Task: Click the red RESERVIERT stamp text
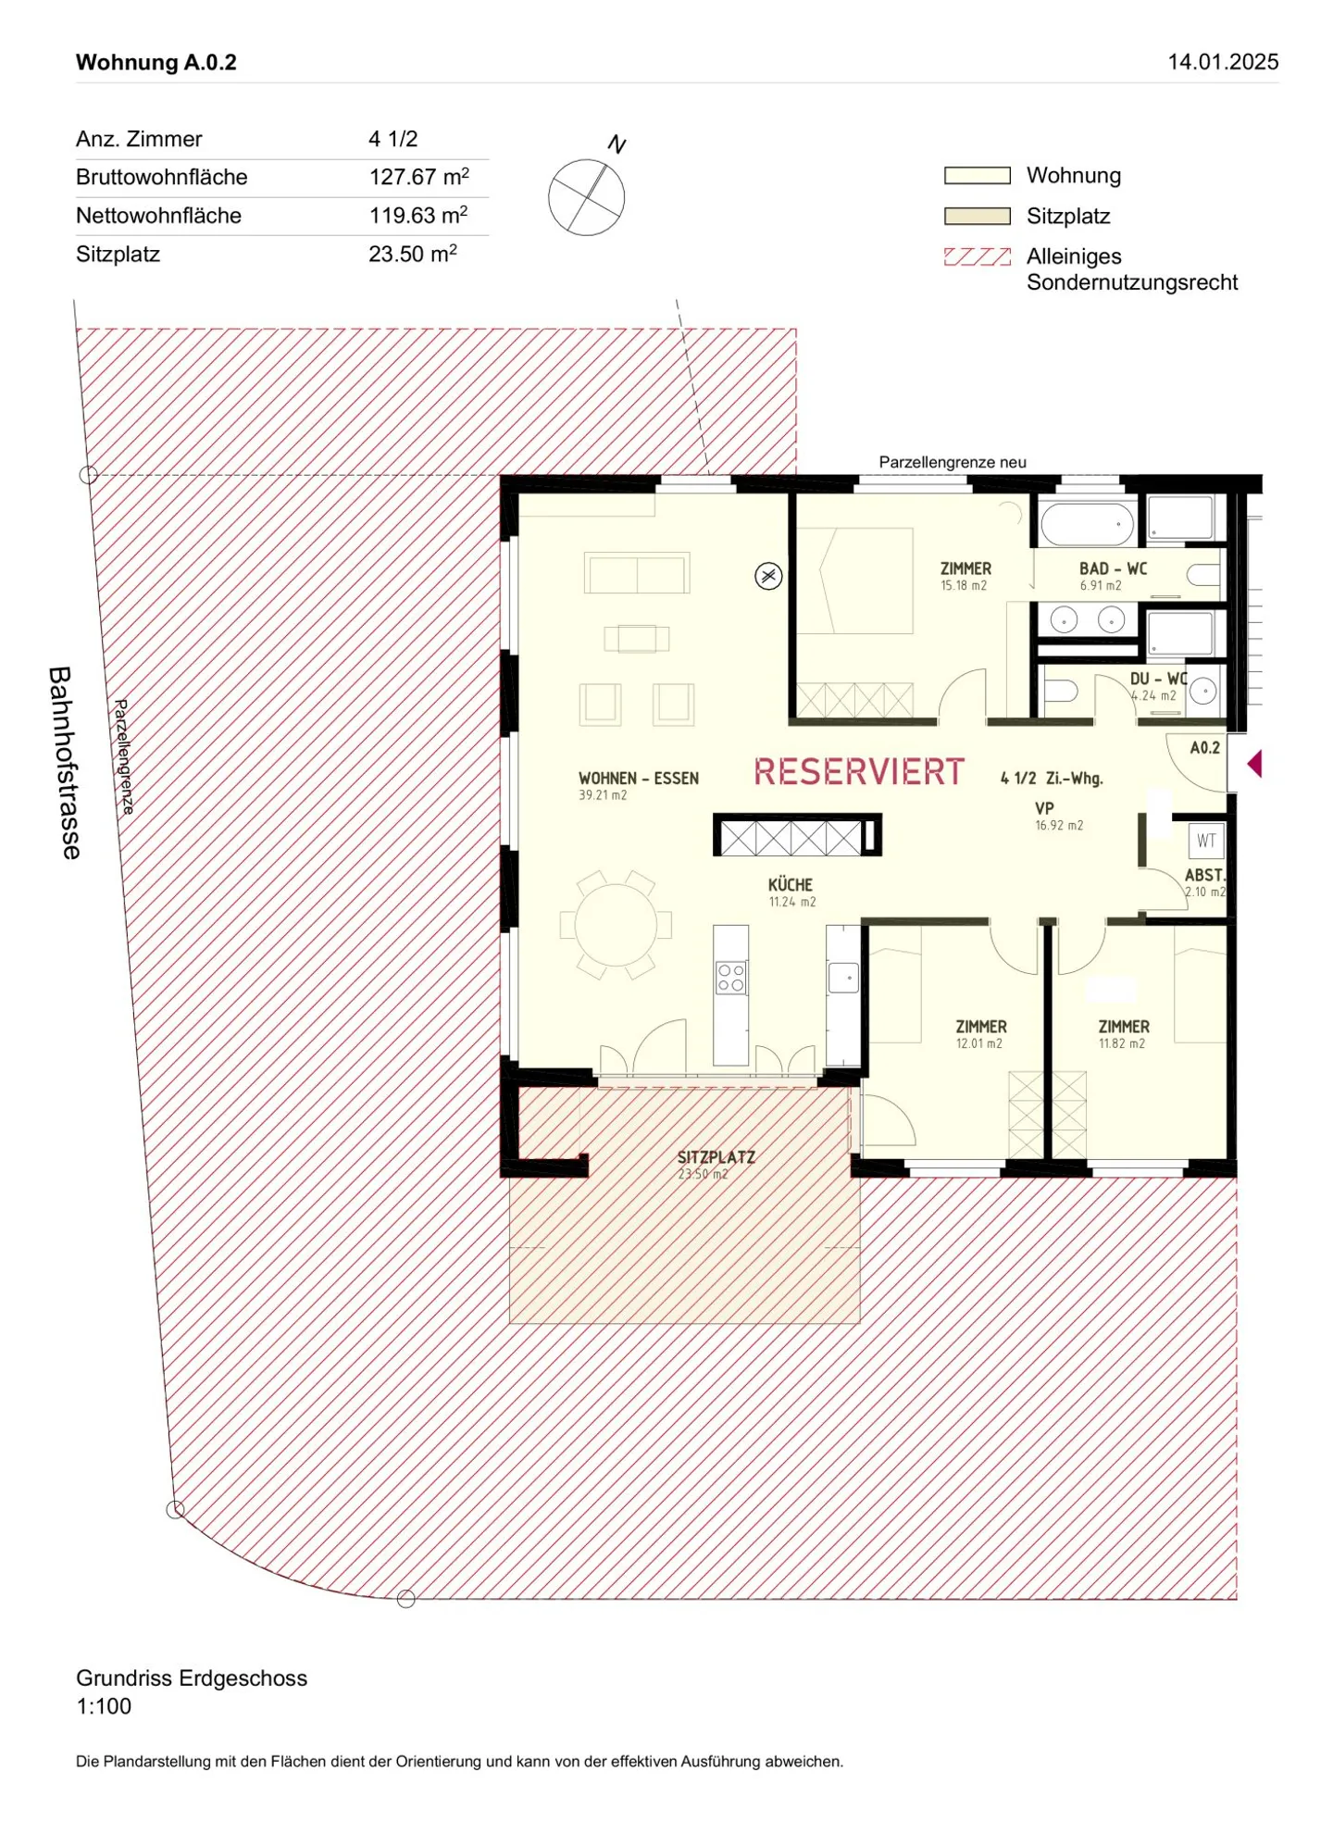[858, 772]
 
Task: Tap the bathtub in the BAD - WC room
[1087, 524]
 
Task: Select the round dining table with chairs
[616, 924]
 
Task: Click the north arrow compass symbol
[586, 196]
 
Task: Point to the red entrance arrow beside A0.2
[1254, 764]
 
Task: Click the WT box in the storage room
[1206, 841]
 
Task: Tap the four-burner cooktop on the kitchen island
[730, 978]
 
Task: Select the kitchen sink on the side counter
[843, 978]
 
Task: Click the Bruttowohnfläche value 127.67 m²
[418, 177]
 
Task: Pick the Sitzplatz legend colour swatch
[977, 216]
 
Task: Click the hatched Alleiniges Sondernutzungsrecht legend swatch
[977, 256]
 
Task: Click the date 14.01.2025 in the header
[1222, 62]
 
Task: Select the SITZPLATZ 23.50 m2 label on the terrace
[715, 1165]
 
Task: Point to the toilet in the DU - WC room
[1060, 692]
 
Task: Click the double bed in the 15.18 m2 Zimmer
[855, 580]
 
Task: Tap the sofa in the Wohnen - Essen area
[637, 573]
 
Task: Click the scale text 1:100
[104, 1705]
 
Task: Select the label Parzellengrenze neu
[952, 462]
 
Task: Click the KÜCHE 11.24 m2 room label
[791, 892]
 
